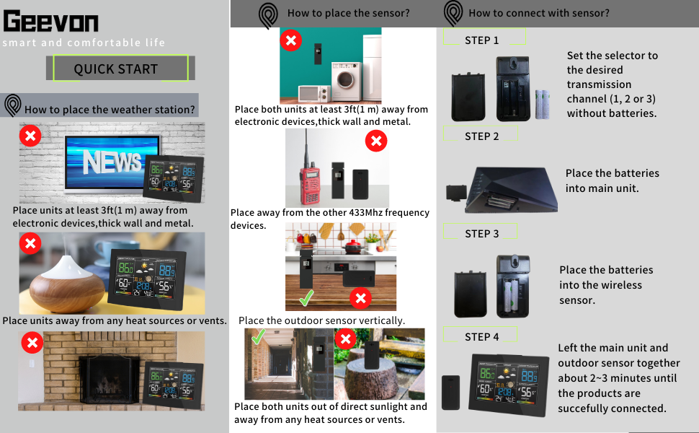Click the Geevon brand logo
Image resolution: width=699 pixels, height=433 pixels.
pyautogui.click(x=50, y=22)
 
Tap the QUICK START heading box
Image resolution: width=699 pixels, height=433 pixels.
pyautogui.click(x=116, y=69)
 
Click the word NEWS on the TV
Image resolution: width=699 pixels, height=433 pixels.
pyautogui.click(x=112, y=162)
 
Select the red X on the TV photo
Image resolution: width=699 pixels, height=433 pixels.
pyautogui.click(x=30, y=135)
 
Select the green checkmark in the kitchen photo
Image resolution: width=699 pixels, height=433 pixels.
pyautogui.click(x=306, y=297)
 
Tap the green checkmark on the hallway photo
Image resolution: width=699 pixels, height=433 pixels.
pyautogui.click(x=257, y=337)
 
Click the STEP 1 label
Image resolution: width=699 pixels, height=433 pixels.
pyautogui.click(x=481, y=40)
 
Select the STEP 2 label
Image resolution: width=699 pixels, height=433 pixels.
pyautogui.click(x=481, y=136)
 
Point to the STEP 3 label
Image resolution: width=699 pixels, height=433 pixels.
pyautogui.click(x=481, y=234)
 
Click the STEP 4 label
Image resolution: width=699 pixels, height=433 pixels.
pyautogui.click(x=481, y=337)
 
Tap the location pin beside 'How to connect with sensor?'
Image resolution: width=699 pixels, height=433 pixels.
pyautogui.click(x=453, y=13)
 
